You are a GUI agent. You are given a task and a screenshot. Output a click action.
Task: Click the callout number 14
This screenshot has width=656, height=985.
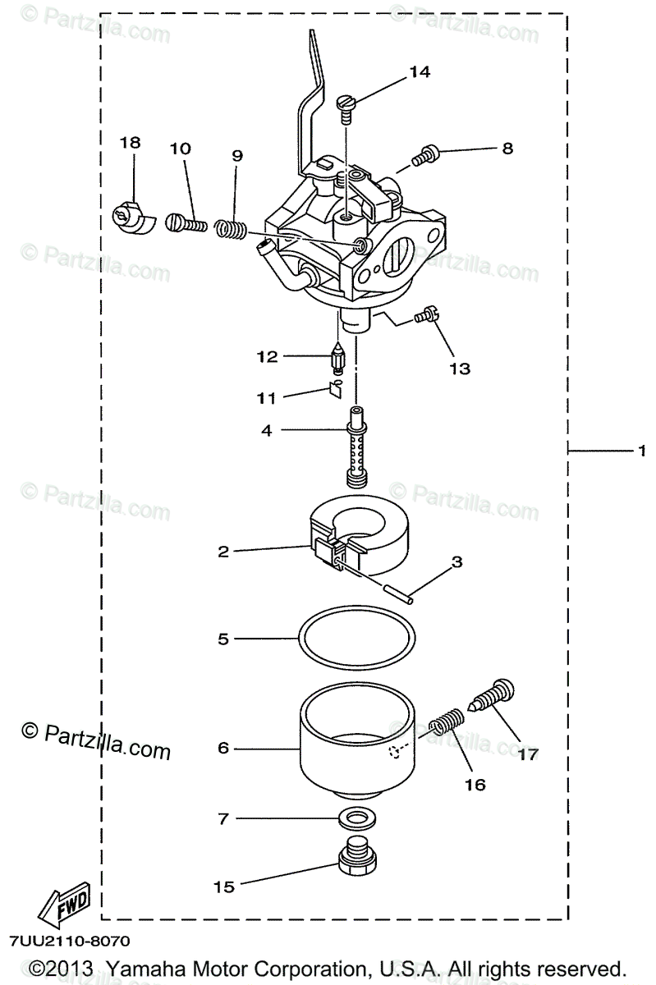[419, 72]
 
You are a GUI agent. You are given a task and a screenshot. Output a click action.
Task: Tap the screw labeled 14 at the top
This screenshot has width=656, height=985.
[346, 105]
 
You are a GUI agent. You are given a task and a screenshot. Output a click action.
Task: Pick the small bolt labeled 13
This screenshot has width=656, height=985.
[428, 316]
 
